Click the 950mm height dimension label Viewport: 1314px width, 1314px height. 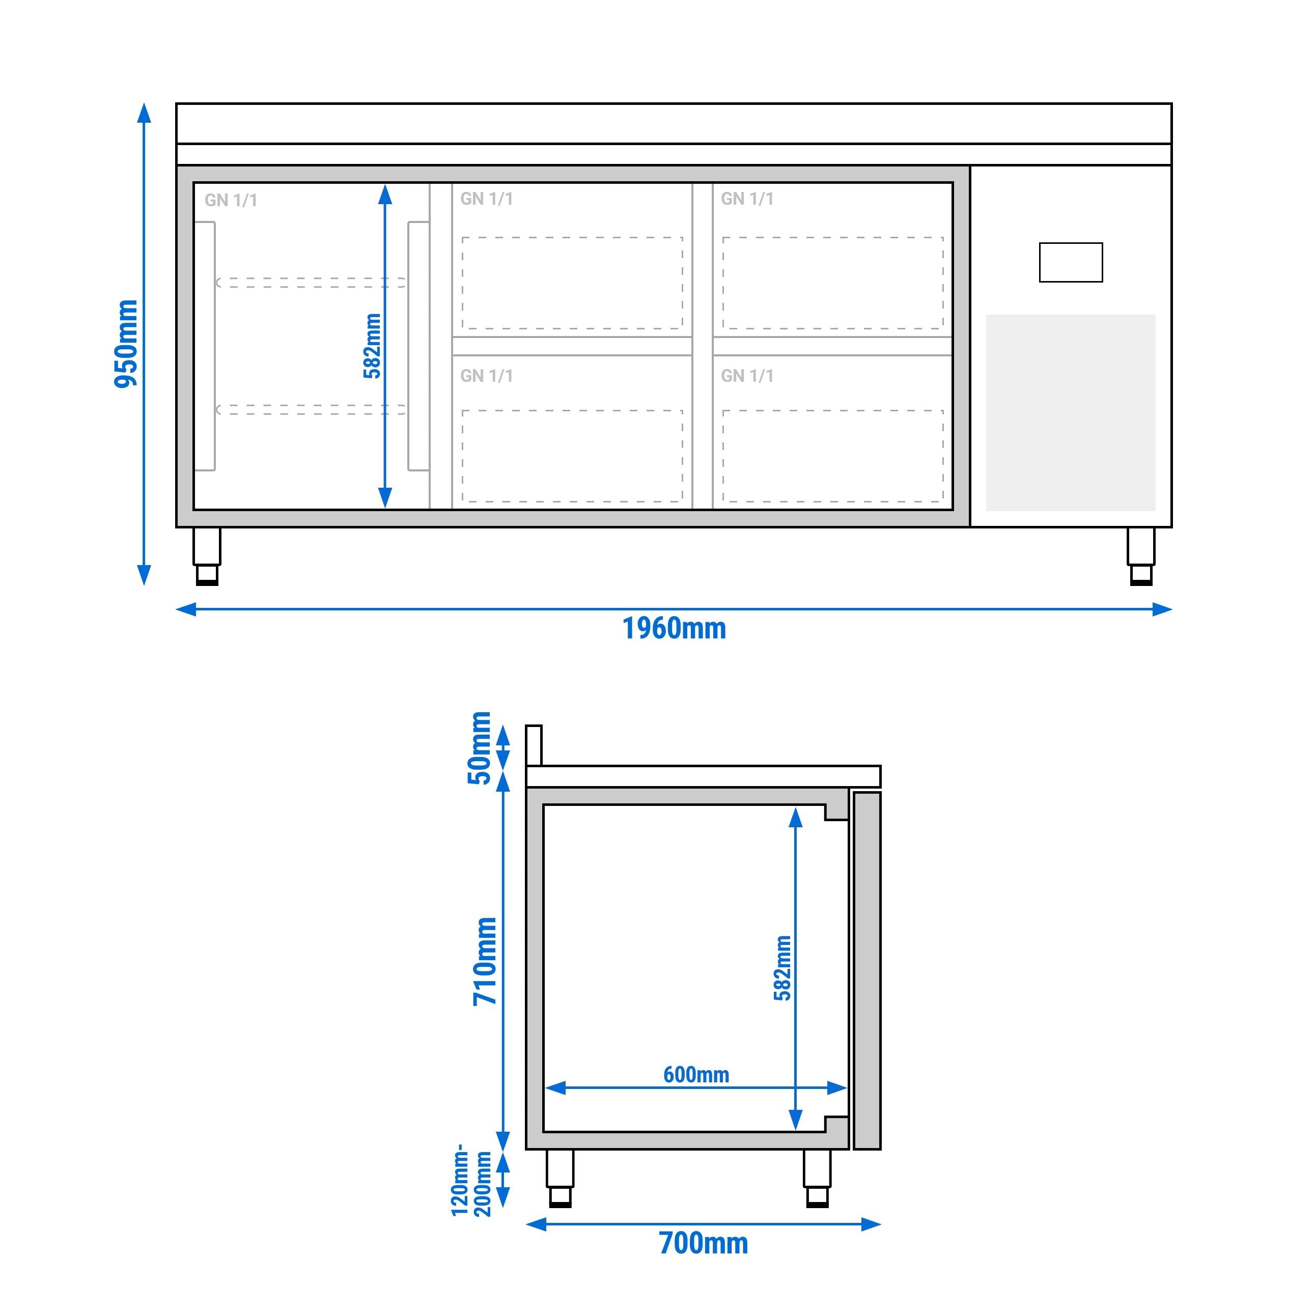[126, 344]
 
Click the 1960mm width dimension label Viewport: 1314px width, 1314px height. [674, 628]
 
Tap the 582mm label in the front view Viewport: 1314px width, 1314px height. [372, 346]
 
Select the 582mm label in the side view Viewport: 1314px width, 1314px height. [783, 968]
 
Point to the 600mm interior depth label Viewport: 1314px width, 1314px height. [696, 1075]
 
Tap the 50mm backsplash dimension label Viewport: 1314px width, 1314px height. [480, 747]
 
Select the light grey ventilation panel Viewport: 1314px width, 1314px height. [1071, 412]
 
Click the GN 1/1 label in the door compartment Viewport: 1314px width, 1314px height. [231, 200]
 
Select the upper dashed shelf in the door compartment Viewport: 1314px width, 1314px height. [311, 282]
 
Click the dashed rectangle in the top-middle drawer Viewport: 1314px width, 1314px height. [572, 283]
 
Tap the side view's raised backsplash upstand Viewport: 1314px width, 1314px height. [534, 745]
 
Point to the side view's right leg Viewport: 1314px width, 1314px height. [817, 1177]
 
